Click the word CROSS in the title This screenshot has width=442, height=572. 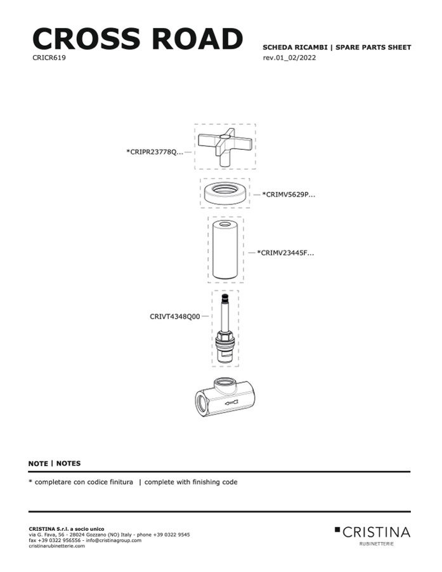pyautogui.click(x=86, y=38)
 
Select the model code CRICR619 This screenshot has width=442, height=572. pyautogui.click(x=49, y=58)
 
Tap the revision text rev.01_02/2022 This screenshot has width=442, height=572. pyautogui.click(x=289, y=58)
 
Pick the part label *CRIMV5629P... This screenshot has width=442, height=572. pyautogui.click(x=289, y=194)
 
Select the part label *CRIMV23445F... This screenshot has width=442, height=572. pyautogui.click(x=285, y=253)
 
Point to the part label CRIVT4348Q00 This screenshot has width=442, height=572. pyautogui.click(x=175, y=316)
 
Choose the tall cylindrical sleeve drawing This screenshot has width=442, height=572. pyautogui.click(x=226, y=250)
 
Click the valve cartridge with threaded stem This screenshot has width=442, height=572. pyautogui.click(x=226, y=328)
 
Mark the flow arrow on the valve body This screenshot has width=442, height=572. pyautogui.click(x=231, y=402)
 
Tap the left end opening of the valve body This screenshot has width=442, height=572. pyautogui.click(x=202, y=404)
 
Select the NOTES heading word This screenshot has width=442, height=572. pyautogui.click(x=68, y=463)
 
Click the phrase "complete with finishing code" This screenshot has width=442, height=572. pyautogui.click(x=191, y=482)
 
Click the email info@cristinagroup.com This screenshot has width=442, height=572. pyautogui.click(x=114, y=540)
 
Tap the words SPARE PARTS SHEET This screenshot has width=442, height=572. pyautogui.click(x=373, y=48)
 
